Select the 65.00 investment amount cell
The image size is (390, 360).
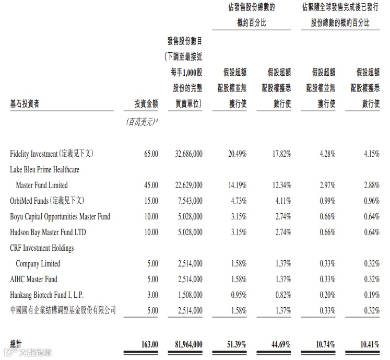150,154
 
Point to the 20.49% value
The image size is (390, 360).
237,154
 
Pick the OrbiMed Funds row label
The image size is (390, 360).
46,201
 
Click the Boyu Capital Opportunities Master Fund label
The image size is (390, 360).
60,216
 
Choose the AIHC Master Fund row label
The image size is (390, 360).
33,279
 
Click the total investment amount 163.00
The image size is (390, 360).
149,344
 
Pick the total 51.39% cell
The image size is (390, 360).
237,344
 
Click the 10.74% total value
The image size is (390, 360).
325,344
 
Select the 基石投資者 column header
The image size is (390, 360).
25,103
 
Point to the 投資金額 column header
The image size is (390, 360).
146,103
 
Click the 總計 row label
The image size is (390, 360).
16,344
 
